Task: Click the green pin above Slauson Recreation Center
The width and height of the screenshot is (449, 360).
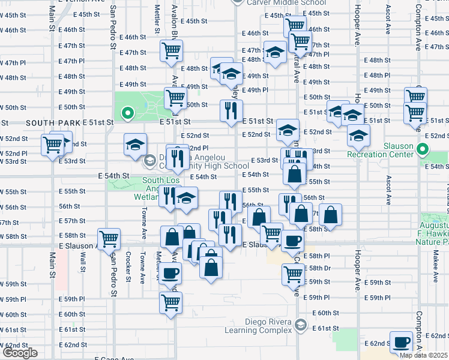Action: point(423,150)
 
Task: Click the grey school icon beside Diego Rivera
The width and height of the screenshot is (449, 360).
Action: point(300,325)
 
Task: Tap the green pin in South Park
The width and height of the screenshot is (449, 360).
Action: point(127,112)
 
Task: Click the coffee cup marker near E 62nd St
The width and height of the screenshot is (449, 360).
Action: point(401,343)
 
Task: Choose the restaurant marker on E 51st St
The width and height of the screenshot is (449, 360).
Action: point(232,110)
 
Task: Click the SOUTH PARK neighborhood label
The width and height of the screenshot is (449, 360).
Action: point(53,122)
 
